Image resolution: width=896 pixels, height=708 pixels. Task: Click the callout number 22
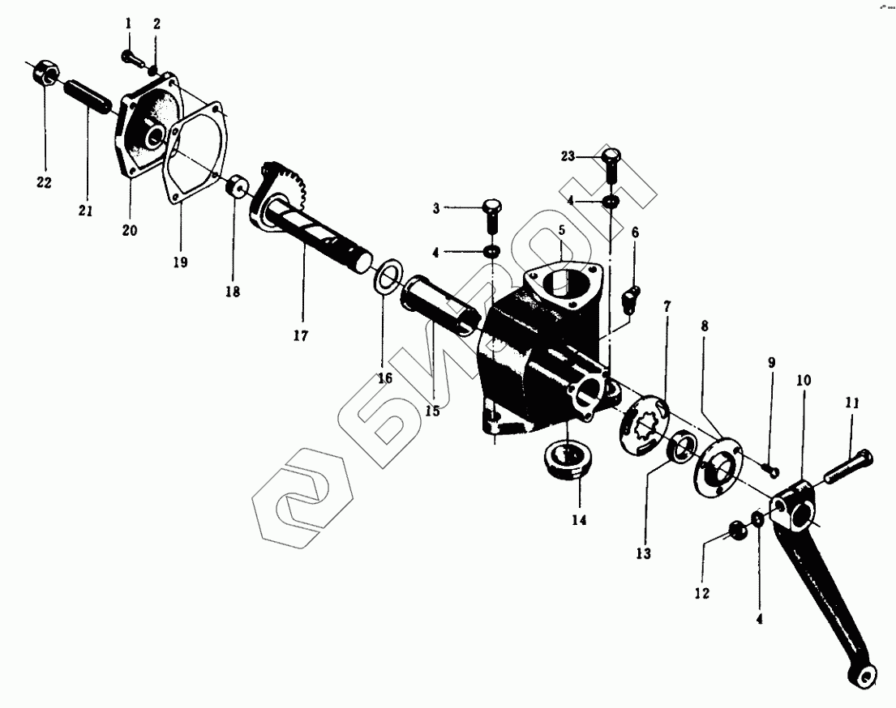click(44, 183)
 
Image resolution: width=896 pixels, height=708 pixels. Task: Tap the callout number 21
click(86, 211)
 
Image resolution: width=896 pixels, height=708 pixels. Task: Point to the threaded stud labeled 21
click(88, 96)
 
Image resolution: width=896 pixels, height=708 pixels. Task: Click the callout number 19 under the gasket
click(180, 262)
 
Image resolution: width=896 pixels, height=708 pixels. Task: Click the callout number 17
click(301, 335)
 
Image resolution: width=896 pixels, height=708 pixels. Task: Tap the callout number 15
click(431, 411)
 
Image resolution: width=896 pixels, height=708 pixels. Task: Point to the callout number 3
click(435, 208)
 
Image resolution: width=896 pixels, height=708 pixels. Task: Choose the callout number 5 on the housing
click(561, 231)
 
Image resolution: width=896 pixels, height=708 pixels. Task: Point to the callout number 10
click(803, 379)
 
